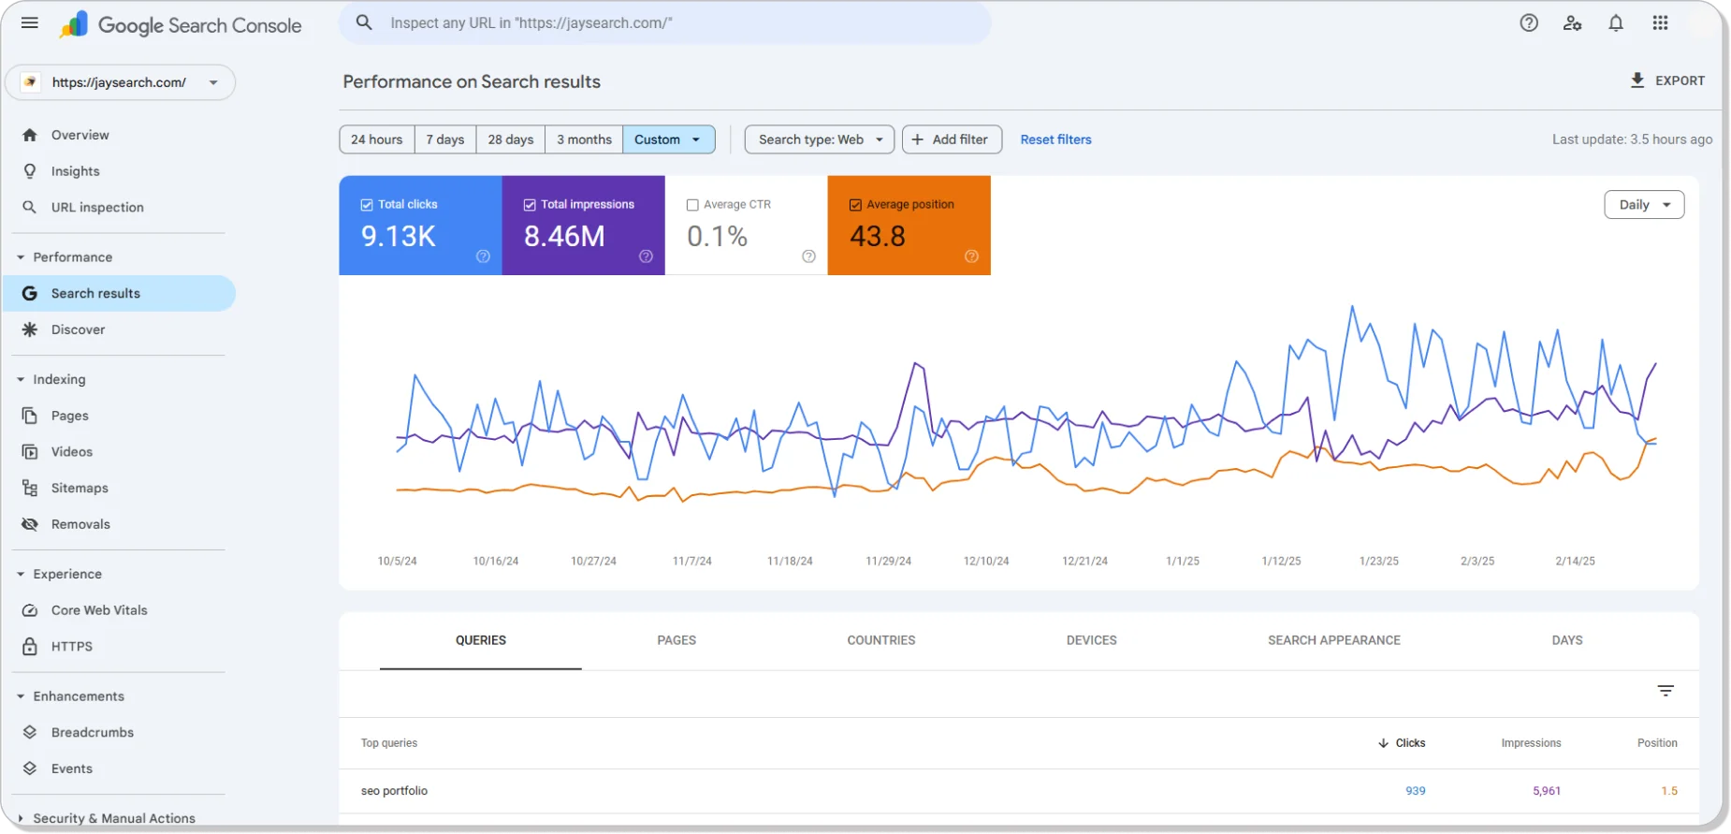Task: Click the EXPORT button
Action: point(1668,80)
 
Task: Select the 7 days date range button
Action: point(445,139)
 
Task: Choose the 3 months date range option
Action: point(584,139)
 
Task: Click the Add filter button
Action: point(952,139)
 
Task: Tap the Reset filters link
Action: point(1055,139)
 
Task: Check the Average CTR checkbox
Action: point(692,205)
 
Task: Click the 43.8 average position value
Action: point(878,236)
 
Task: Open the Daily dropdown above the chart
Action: point(1644,205)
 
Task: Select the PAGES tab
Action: point(676,640)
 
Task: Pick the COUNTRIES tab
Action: point(881,640)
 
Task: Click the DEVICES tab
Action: point(1091,640)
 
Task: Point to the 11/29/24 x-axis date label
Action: point(888,561)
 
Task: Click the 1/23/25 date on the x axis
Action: point(1379,561)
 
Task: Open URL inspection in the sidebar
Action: point(97,208)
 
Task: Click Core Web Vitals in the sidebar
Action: point(99,610)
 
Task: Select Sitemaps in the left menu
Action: point(80,488)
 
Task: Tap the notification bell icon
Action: point(1616,23)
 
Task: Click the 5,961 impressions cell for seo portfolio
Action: point(1547,791)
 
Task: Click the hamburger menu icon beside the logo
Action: point(30,23)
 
